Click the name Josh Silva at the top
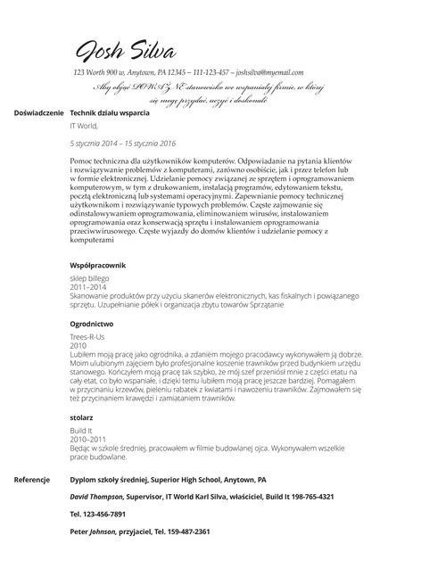click(125, 49)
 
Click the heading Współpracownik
click(98, 266)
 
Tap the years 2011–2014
click(87, 287)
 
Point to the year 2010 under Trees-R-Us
click(78, 345)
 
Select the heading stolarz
click(81, 416)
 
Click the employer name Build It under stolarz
click(81, 430)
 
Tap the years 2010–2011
click(87, 439)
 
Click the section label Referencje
click(31, 480)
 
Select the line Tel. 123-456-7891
click(97, 514)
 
